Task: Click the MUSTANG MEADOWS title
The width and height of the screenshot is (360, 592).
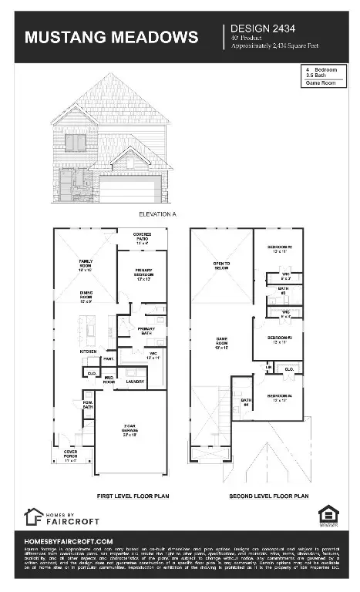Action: click(x=111, y=38)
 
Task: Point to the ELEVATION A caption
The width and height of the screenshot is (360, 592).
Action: click(x=158, y=213)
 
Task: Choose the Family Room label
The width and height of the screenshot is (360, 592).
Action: click(x=85, y=264)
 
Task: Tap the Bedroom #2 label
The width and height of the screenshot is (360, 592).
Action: click(x=279, y=248)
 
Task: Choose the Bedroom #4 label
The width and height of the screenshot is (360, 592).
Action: click(x=279, y=397)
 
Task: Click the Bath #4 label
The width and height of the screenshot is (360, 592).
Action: click(x=246, y=402)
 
